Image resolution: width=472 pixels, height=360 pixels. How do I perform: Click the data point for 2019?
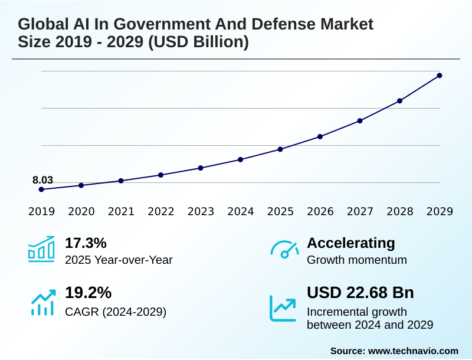click(41, 189)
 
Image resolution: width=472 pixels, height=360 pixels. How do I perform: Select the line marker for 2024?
click(241, 159)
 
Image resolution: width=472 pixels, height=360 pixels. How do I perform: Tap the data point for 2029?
click(440, 76)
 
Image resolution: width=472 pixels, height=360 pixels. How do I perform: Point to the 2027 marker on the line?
click(360, 120)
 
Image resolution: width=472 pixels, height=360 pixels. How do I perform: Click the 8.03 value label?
click(42, 180)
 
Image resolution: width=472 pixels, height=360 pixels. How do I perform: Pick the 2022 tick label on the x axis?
click(160, 211)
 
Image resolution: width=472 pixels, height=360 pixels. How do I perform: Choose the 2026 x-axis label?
click(320, 211)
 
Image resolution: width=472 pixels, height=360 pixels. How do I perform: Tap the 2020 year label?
click(81, 211)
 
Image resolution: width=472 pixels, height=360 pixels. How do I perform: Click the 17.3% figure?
click(86, 243)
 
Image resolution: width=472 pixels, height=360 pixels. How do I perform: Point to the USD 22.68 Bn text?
click(360, 293)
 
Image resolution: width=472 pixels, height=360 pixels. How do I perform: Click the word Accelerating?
click(351, 243)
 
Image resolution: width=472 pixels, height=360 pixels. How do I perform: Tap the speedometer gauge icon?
click(284, 249)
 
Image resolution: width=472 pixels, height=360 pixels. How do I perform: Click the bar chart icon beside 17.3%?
click(41, 249)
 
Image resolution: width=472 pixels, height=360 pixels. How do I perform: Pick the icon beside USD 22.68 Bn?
click(283, 308)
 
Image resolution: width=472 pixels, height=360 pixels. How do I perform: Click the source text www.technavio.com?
click(413, 351)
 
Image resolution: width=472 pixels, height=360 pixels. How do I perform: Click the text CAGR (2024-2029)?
click(116, 311)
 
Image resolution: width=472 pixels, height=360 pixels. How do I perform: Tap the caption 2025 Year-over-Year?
click(119, 260)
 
